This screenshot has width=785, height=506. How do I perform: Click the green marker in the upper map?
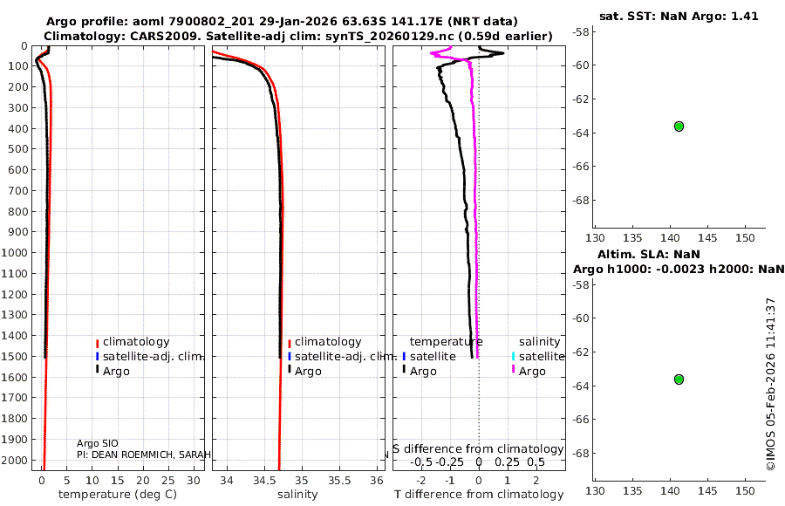pos(679,126)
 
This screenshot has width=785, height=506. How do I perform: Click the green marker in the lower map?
pos(679,379)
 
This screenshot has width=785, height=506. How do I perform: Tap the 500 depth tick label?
pos(17,149)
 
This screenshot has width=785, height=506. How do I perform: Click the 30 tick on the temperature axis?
pos(198,481)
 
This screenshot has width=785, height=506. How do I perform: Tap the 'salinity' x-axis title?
pos(297,495)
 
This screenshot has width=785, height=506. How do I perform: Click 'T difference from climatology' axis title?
pos(479,495)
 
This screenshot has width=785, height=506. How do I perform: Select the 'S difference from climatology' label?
pos(479,448)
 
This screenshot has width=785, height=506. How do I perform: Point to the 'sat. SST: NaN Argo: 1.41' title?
pos(679,16)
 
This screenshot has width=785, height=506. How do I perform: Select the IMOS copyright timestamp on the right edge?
pos(770,384)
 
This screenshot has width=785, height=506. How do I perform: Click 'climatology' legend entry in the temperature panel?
pos(135,342)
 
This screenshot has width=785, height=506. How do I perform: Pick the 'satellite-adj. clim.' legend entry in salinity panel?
pos(345,357)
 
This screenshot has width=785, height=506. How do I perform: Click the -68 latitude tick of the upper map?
pos(580,200)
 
